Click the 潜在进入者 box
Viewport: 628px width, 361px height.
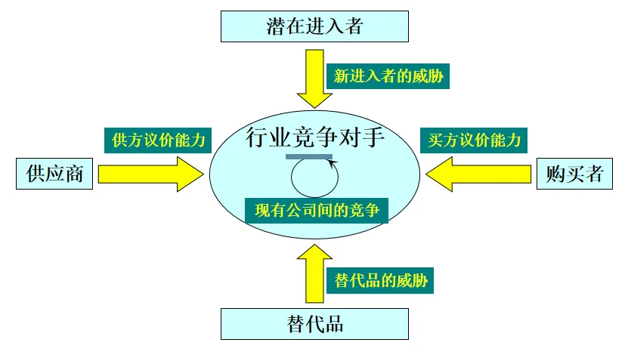coord(314,26)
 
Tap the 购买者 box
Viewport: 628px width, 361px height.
coord(574,174)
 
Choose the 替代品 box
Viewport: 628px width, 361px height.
coord(314,323)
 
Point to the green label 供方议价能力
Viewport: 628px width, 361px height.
coord(157,140)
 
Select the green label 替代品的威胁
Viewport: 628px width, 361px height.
coord(381,281)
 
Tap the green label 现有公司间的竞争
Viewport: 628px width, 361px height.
coord(317,210)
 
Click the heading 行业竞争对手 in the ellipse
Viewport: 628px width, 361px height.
coord(315,138)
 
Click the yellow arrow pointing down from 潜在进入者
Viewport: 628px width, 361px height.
coord(314,79)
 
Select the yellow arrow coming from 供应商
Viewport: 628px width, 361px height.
coord(147,174)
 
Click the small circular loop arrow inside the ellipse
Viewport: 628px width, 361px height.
coord(314,180)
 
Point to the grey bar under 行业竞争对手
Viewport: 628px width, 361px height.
coord(309,156)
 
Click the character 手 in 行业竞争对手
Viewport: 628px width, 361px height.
coord(373,138)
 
